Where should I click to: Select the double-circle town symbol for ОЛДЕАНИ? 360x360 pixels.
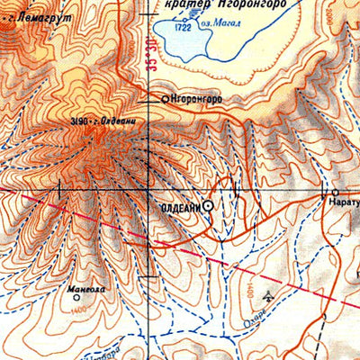(x=209, y=206)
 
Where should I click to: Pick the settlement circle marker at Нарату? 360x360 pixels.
(x=335, y=193)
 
